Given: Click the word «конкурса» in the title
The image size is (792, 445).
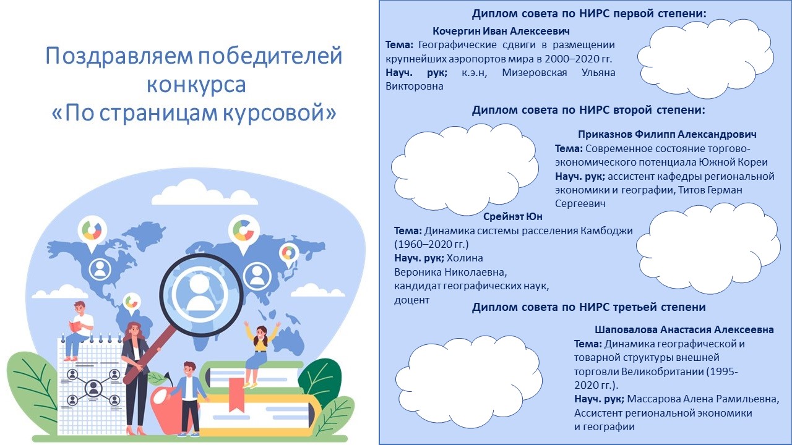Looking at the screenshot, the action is click(196, 85).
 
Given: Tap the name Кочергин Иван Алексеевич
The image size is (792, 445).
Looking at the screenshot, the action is click(501, 31).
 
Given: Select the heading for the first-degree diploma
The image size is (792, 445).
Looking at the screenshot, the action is click(589, 14).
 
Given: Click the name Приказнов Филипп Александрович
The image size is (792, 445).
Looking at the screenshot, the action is click(667, 134).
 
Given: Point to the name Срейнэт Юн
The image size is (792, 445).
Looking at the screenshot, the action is click(513, 216).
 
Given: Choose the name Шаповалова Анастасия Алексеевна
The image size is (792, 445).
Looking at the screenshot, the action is click(684, 329).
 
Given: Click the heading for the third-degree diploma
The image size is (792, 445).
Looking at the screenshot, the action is click(588, 307).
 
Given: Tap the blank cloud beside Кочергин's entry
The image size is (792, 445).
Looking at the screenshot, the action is click(705, 59).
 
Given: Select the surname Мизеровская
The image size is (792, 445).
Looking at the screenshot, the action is click(534, 73).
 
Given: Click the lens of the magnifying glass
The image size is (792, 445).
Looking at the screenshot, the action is click(201, 290).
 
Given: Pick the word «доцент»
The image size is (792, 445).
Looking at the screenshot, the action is click(411, 300).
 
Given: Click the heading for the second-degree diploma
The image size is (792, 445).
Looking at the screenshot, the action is click(588, 110).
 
